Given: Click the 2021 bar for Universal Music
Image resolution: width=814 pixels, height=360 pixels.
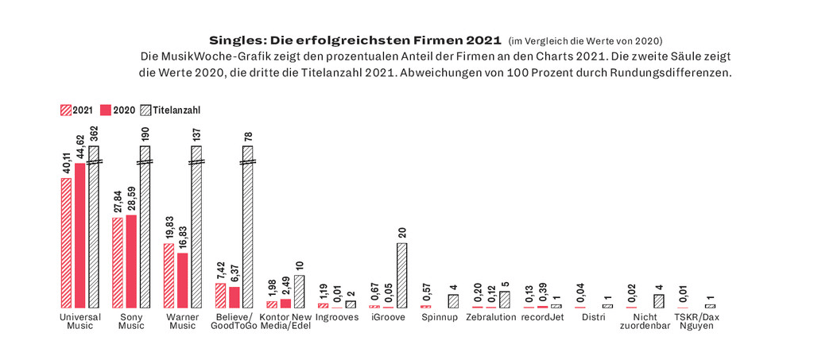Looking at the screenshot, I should pos(66,242).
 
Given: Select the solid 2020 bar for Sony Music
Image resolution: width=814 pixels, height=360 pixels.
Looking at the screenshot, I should pos(131,261).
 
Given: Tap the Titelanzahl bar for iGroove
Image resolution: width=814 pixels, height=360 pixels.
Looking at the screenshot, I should pos(401,275).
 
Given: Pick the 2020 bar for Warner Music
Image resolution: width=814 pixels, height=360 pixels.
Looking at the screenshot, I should pos(182,280).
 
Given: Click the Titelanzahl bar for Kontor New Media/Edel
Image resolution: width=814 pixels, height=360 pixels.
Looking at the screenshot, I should pos(299,291).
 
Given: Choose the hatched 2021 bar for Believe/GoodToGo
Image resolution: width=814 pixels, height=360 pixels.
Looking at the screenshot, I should pos(220,295).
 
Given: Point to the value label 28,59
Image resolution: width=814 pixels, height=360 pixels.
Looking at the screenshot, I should pos(131,199).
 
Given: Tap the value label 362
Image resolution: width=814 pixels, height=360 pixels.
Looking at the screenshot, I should pos(94,134).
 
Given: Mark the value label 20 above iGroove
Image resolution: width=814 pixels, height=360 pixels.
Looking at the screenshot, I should pos(401,233).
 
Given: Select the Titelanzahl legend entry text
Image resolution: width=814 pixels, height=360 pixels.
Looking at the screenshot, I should pos(175,110).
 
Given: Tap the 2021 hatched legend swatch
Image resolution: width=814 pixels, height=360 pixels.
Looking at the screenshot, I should pos(65,110).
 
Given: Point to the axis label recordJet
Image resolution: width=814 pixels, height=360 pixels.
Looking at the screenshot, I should pos(542,317).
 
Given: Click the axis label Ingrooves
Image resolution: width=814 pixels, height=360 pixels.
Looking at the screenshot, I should pos(336,317).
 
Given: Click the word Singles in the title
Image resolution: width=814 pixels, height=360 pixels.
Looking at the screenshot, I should pos(235,39).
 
